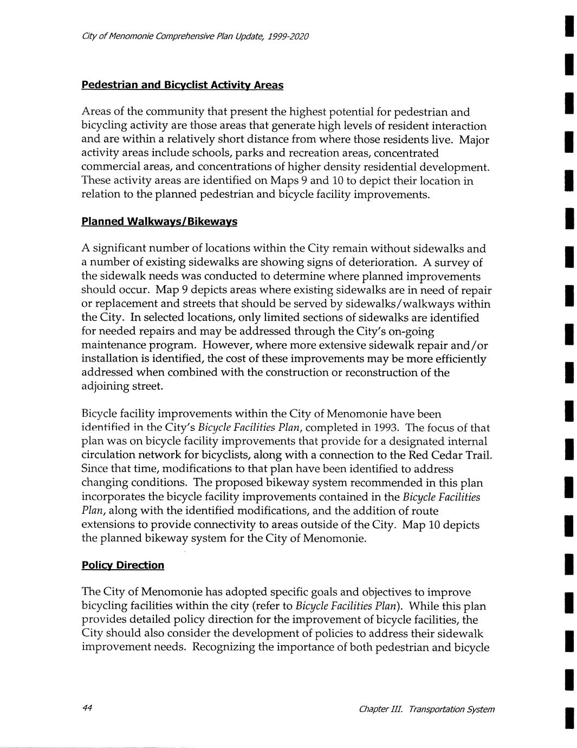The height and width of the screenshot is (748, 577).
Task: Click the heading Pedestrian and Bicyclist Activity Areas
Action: [x=182, y=85]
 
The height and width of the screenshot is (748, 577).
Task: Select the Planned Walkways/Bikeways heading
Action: [x=159, y=222]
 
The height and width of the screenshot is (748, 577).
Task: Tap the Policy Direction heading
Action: [x=122, y=565]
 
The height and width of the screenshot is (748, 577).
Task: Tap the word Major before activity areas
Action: [x=474, y=140]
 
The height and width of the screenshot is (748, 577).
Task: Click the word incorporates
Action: [x=115, y=497]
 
